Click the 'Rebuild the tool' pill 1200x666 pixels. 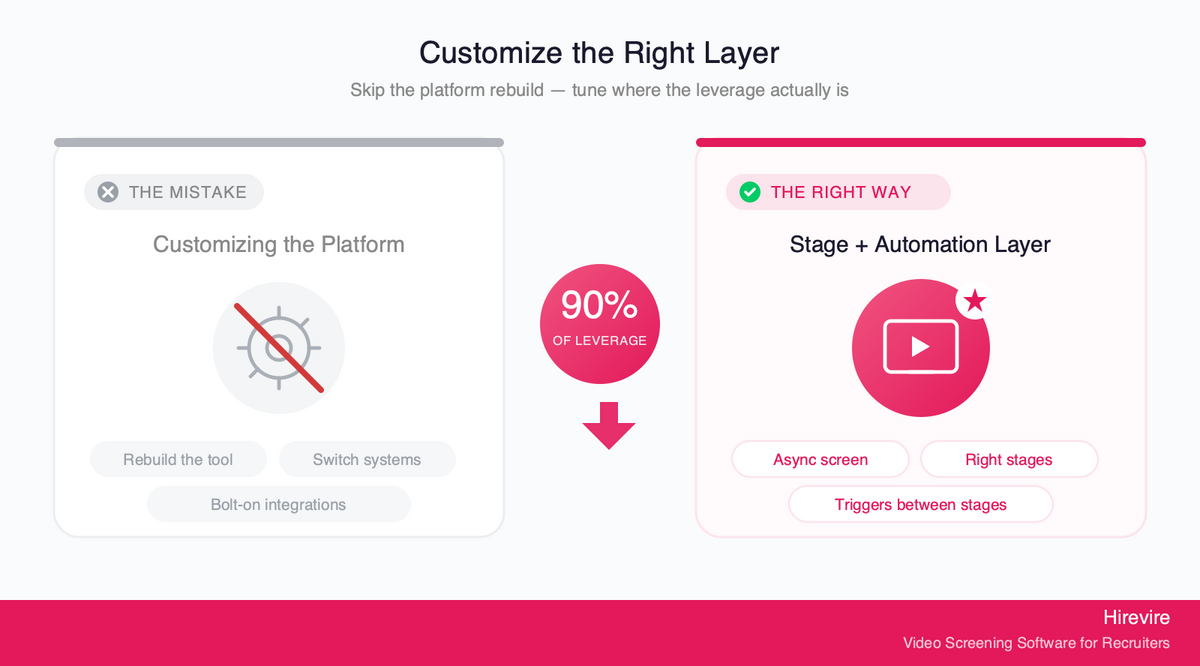pyautogui.click(x=178, y=459)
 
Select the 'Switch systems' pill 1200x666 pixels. pyautogui.click(x=367, y=459)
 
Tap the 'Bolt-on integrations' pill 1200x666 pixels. pyautogui.click(x=279, y=504)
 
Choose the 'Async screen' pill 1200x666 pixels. pyautogui.click(x=820, y=459)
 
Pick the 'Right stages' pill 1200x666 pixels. pyautogui.click(x=1009, y=459)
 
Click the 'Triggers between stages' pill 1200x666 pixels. pyautogui.click(x=920, y=504)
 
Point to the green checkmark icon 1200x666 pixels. pyautogui.click(x=749, y=192)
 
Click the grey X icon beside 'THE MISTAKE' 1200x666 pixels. pyautogui.click(x=108, y=192)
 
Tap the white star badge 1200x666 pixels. pyautogui.click(x=974, y=301)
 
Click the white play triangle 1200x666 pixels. pyautogui.click(x=920, y=347)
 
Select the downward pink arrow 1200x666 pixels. pyautogui.click(x=609, y=426)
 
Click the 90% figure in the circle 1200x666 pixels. pyautogui.click(x=599, y=305)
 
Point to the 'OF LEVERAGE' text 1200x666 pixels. pyautogui.click(x=599, y=341)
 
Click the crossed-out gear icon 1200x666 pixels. pyautogui.click(x=279, y=348)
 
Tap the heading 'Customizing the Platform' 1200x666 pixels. pyautogui.click(x=279, y=244)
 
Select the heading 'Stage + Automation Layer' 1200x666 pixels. pyautogui.click(x=920, y=244)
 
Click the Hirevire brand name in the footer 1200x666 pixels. pyautogui.click(x=1136, y=617)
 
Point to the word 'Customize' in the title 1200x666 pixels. pyautogui.click(x=491, y=53)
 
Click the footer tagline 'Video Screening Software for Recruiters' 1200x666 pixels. pyautogui.click(x=1036, y=643)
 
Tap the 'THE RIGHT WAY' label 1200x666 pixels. pyautogui.click(x=841, y=192)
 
